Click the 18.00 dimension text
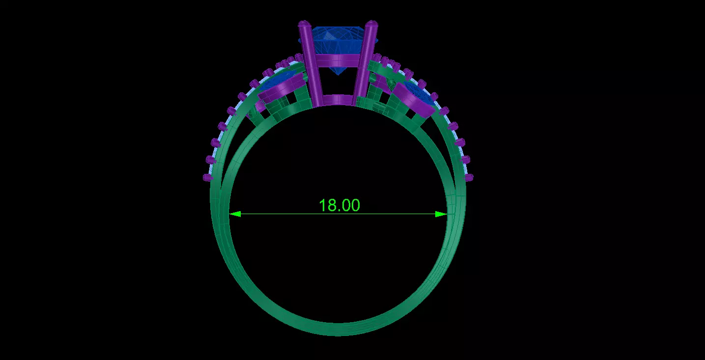tap(339, 205)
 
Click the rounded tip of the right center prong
tap(372, 24)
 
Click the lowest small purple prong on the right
tap(469, 177)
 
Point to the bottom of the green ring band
tap(338, 329)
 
